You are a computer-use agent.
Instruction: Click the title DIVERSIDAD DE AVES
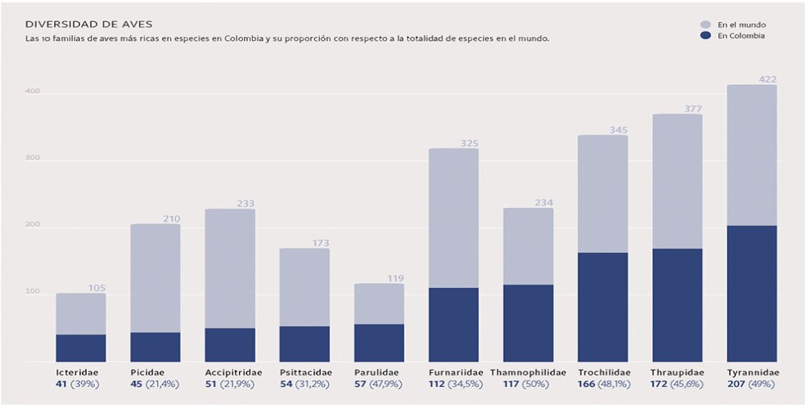point(78,25)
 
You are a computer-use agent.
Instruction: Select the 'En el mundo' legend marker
point(705,25)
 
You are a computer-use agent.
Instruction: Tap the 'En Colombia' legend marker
point(705,36)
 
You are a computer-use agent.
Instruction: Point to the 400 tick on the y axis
point(32,92)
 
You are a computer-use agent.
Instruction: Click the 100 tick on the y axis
point(32,293)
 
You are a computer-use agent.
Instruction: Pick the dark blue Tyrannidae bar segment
point(752,293)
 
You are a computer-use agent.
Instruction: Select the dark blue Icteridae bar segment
point(81,348)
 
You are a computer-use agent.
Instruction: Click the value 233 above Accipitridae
point(244,204)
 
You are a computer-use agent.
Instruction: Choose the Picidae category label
point(147,372)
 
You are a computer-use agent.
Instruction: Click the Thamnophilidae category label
point(529,372)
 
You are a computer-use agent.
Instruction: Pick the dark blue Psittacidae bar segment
point(304,344)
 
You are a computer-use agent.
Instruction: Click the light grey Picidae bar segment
point(155,278)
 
